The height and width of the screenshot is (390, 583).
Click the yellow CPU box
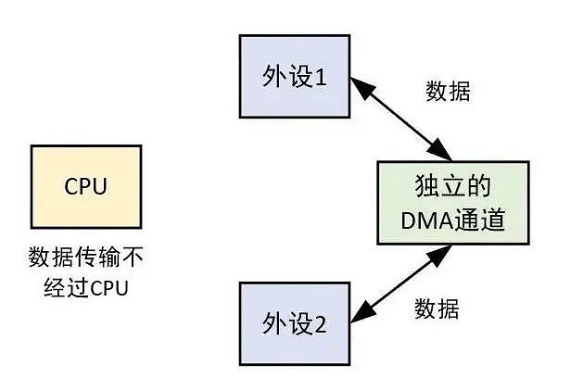pos(86,186)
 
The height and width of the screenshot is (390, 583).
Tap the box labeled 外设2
pos(294,323)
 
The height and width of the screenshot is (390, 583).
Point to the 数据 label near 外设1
pos(448,91)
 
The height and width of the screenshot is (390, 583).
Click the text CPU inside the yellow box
pos(86,186)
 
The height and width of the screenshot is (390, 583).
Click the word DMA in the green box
pos(425,220)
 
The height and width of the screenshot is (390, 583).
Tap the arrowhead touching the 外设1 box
pos(357,87)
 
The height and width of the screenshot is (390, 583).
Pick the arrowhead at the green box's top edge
pos(442,153)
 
